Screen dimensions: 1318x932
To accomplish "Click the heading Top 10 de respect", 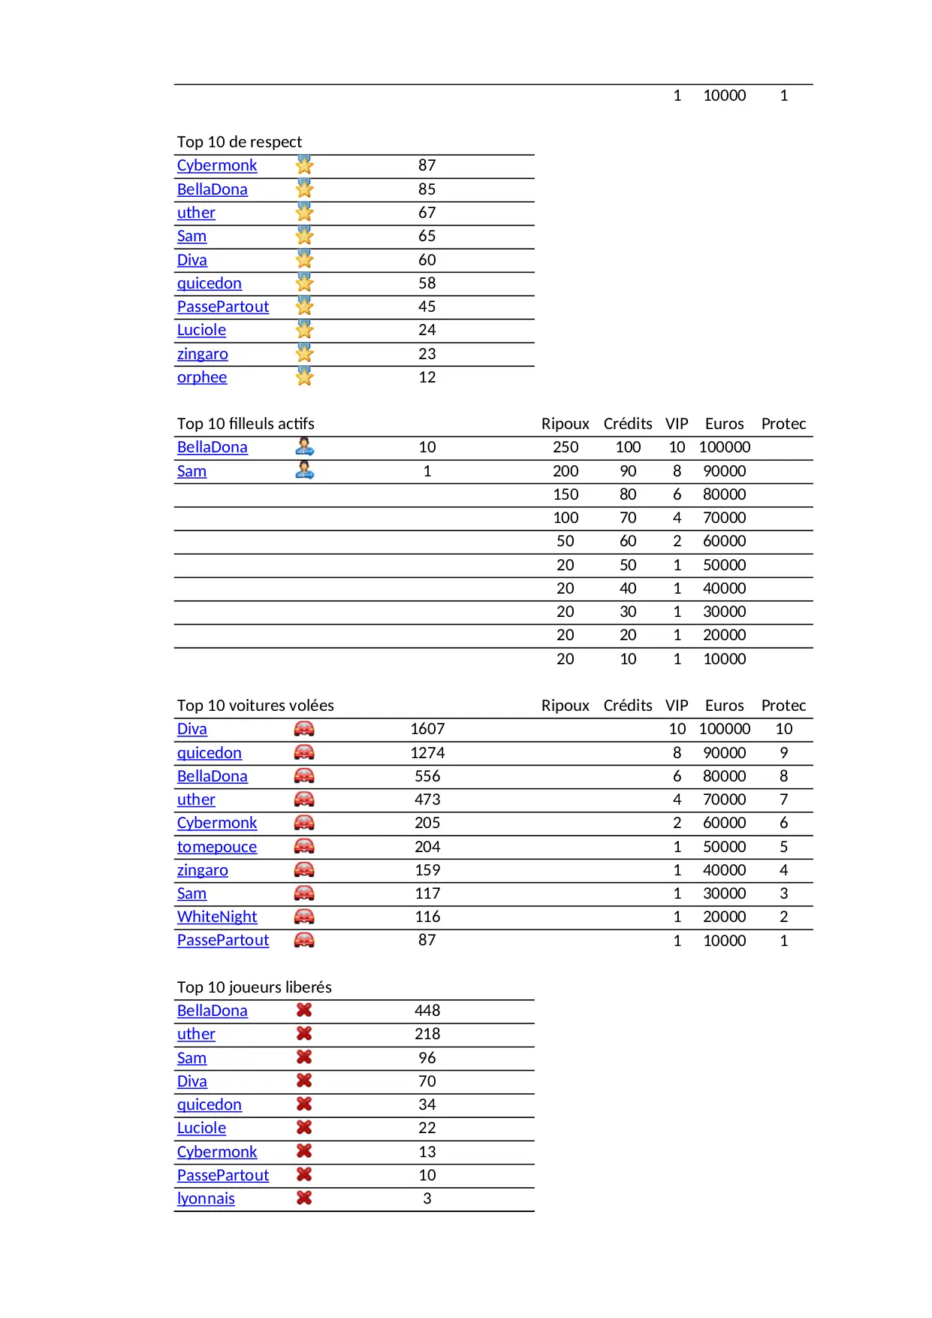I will click(x=239, y=142).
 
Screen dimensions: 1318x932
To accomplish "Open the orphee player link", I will click(x=201, y=377).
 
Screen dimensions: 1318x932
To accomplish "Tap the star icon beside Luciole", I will click(x=304, y=330).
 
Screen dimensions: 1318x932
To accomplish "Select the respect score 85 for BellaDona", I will click(x=427, y=189).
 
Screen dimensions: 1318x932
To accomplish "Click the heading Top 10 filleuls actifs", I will click(x=246, y=424).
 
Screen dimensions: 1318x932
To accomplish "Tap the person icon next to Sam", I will click(x=304, y=470).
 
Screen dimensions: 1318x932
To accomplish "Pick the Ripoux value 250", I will click(x=566, y=447).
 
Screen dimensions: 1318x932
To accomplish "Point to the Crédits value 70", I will click(x=628, y=518).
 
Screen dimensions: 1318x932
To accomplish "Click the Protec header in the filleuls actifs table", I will click(x=783, y=424).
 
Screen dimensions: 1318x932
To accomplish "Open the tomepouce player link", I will click(x=216, y=847).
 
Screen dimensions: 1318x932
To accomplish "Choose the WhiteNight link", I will click(x=216, y=917).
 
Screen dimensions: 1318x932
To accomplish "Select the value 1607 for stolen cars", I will click(x=427, y=729).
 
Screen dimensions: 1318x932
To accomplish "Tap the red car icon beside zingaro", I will click(x=304, y=870).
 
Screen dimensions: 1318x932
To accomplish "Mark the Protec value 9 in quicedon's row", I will click(x=783, y=753).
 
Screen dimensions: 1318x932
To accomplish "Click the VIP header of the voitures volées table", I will click(x=676, y=706).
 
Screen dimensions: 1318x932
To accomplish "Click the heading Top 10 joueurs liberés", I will click(x=254, y=987).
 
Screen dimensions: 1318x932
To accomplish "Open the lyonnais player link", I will click(x=206, y=1199).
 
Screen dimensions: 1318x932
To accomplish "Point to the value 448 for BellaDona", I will click(x=427, y=1011).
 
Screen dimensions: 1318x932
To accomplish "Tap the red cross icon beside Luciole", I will click(x=304, y=1128).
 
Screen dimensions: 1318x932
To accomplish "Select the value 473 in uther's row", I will click(x=427, y=800).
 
